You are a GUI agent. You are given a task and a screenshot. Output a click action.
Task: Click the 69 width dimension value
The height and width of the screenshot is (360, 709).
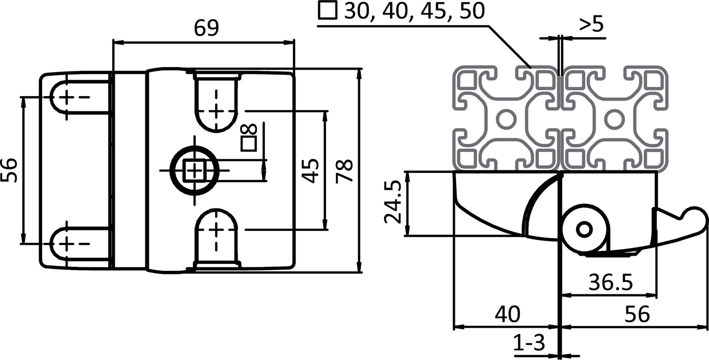206,28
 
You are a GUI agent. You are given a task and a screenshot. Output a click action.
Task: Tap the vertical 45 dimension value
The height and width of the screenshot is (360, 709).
311,171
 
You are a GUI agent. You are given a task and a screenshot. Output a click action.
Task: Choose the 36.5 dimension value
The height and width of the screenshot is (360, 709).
611,282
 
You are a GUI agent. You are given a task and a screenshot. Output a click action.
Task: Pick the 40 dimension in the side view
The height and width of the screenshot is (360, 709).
507,314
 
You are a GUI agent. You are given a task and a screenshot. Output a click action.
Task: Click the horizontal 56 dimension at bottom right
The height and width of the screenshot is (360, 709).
637,314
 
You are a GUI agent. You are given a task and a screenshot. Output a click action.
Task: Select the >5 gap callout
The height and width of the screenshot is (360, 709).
591,25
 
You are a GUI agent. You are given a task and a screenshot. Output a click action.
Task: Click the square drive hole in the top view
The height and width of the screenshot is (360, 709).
194,170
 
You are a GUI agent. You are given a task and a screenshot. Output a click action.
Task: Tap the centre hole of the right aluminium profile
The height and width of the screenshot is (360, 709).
614,119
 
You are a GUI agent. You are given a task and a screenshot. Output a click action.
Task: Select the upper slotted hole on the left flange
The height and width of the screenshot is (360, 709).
66,97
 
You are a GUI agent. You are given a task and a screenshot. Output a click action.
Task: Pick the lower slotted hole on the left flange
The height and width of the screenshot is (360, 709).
66,243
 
